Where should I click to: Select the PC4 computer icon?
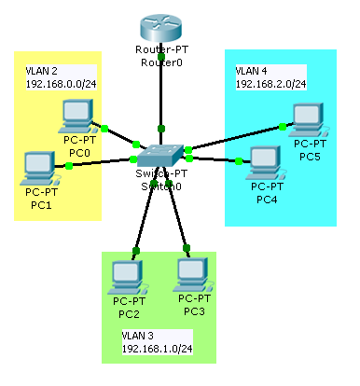pos(265,161)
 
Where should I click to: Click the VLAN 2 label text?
pos(43,71)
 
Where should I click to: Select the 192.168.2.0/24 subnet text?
pos(271,84)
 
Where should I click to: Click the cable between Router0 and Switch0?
pos(161,103)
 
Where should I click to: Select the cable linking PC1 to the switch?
pos(103,162)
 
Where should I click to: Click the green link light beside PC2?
pos(137,251)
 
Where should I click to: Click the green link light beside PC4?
pos(239,161)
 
